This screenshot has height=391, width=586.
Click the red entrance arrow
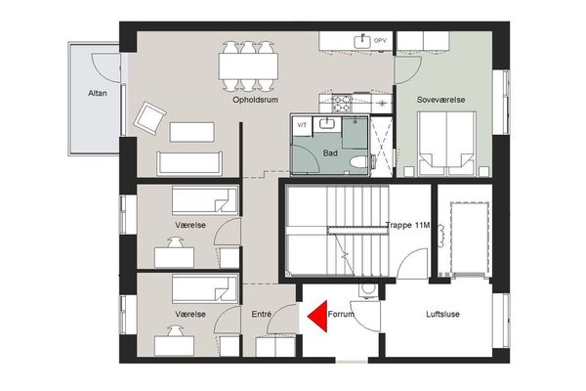point(319,316)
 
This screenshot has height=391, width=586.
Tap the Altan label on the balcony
point(98,93)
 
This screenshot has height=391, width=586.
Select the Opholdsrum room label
point(255,100)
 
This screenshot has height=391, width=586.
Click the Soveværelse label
point(441,100)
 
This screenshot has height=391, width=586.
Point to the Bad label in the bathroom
point(330,153)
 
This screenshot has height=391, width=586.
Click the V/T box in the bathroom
point(302,126)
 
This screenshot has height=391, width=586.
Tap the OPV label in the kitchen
point(380,41)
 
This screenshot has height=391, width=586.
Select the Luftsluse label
point(442,315)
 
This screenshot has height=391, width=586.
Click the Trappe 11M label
point(407,225)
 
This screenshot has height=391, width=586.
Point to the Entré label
point(262,315)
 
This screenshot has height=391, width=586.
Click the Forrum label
point(341,315)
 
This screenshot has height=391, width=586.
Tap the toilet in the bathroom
point(358,162)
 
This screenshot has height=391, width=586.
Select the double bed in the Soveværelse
point(446,144)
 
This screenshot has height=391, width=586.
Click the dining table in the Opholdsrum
point(248,65)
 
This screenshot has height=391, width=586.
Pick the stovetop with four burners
point(342,104)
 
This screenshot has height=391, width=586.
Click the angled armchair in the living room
point(149,118)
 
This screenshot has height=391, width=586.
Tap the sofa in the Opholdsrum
point(189,163)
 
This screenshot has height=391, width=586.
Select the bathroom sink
point(327,123)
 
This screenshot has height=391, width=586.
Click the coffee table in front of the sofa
point(192,132)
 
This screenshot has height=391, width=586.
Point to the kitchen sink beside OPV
point(362,41)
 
